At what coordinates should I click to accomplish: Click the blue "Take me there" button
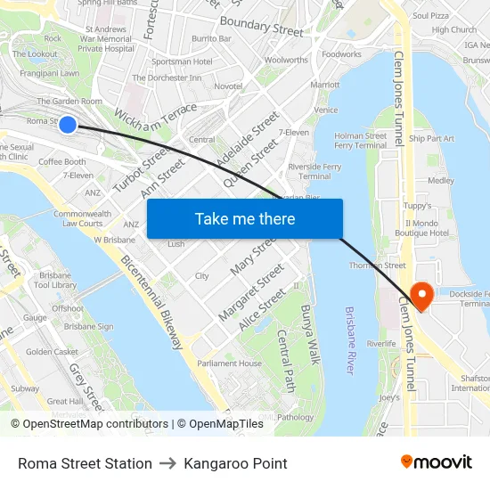coord(244,218)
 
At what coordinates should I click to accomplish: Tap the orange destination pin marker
coord(419,295)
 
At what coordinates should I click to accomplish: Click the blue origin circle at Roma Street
coord(68,124)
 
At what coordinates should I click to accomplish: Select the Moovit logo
coord(436,461)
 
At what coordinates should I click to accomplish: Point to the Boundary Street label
coord(261,26)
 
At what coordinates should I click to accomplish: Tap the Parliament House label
coord(229,363)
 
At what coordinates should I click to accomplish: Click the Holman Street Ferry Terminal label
coord(360,141)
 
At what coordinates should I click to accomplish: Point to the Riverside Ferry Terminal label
coord(314,171)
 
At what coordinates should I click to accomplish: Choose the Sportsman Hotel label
coord(182,61)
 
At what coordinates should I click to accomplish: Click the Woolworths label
coord(286,60)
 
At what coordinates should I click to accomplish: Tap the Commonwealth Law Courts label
coord(82,218)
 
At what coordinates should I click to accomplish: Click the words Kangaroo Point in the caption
coord(235,463)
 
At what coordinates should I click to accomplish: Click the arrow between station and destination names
coord(167,463)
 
